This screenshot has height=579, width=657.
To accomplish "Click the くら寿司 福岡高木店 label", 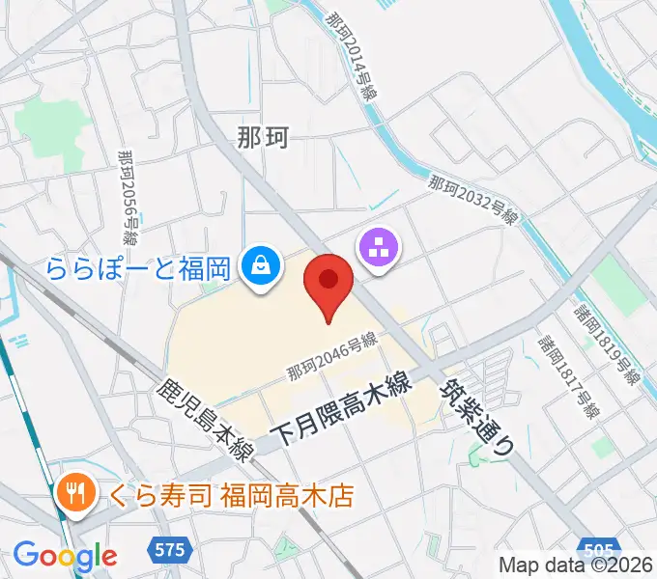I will (218, 497).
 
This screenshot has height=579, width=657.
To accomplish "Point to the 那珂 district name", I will (263, 138).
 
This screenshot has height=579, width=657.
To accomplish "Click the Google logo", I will (65, 556).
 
